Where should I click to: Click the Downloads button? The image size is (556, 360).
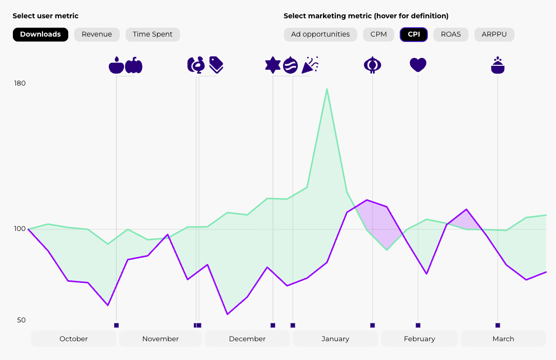(x=41, y=35)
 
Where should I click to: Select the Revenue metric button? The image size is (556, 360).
(x=97, y=35)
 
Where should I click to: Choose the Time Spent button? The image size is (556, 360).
(x=152, y=35)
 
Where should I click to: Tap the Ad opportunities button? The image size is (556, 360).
(x=320, y=35)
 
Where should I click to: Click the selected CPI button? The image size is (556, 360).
(x=414, y=35)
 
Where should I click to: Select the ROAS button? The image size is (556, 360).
(x=451, y=35)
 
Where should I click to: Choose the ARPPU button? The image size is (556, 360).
(x=494, y=35)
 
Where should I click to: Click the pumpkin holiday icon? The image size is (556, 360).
(x=134, y=65)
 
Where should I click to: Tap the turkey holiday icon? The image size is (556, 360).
(x=196, y=65)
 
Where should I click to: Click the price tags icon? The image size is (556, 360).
(x=216, y=64)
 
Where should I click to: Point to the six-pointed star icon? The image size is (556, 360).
(x=273, y=65)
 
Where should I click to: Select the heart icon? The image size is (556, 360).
(x=418, y=65)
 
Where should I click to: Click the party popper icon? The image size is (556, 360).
(x=310, y=65)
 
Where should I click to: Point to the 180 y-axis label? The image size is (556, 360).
(x=20, y=83)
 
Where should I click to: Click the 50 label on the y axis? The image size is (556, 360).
(x=21, y=320)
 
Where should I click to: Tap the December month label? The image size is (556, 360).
(x=247, y=339)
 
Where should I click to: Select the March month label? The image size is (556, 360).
(x=503, y=339)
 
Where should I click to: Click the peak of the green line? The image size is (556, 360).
(x=327, y=89)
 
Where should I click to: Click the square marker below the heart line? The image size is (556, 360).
(x=418, y=325)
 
